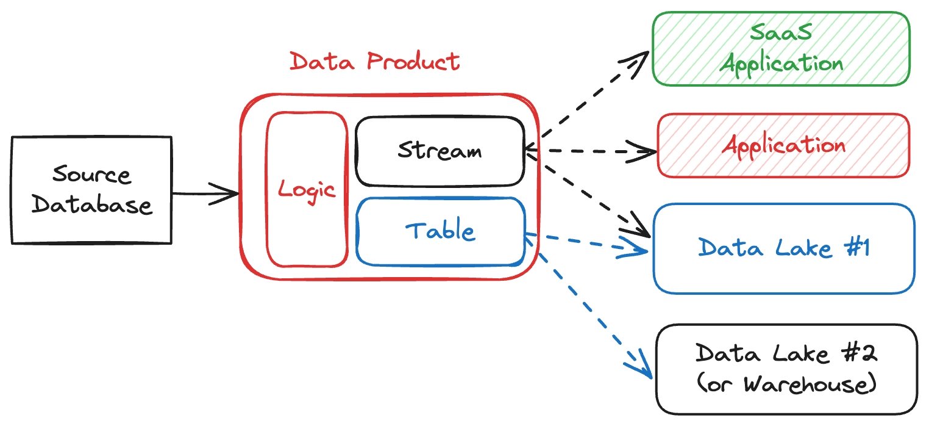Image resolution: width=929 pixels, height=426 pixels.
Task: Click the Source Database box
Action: click(x=91, y=190)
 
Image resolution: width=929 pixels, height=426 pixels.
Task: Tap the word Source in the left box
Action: click(x=91, y=175)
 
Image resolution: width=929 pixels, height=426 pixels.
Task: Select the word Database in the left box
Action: click(x=91, y=204)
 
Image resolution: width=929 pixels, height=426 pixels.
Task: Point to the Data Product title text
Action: click(x=374, y=62)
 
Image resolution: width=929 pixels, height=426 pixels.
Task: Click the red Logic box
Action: click(x=307, y=190)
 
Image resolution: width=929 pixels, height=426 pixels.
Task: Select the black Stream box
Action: click(x=439, y=151)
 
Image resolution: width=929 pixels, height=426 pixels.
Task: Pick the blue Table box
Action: click(x=440, y=231)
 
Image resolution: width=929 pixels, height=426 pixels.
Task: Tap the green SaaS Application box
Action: click(x=781, y=48)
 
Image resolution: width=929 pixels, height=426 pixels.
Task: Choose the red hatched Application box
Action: click(x=783, y=145)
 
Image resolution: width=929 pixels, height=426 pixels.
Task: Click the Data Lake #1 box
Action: click(x=783, y=248)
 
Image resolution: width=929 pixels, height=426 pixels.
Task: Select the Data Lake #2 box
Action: click(x=786, y=369)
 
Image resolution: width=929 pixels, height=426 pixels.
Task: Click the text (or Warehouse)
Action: click(x=786, y=385)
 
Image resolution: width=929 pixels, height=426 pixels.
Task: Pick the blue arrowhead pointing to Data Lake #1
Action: click(x=638, y=249)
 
